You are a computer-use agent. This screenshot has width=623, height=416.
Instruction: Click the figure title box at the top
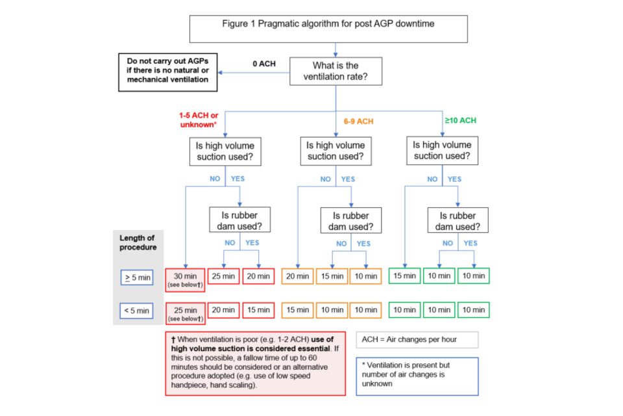pos(328,29)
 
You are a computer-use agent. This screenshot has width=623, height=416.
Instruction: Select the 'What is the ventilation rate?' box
pos(335,71)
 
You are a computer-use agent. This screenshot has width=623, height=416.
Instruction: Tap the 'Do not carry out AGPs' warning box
pos(167,71)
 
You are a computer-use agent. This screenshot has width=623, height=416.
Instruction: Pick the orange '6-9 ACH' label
pos(359,121)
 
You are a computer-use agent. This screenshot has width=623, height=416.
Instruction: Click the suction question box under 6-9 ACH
pos(335,151)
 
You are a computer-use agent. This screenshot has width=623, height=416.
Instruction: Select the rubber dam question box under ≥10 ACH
pos(458,221)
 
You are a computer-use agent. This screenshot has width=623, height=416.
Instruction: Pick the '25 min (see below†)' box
pos(186,313)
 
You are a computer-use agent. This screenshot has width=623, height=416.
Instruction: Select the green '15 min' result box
pos(404,276)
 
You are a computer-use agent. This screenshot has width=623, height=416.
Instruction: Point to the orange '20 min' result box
pos(297,276)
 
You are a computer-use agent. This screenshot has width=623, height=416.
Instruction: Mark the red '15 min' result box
pos(258,310)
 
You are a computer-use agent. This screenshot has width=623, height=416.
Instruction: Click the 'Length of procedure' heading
pos(138,242)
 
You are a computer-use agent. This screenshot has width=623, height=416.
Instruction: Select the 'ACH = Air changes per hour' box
pos(417,340)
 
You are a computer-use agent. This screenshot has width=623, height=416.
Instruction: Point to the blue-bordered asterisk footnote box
pos(417,376)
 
